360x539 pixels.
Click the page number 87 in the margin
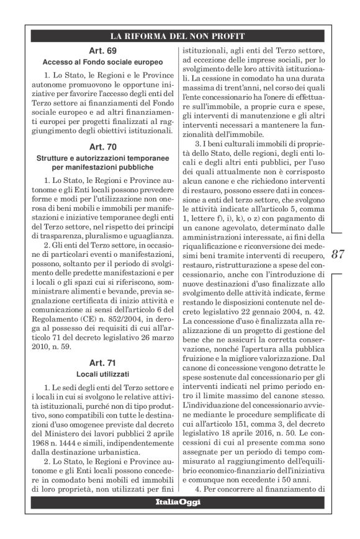tap(338, 254)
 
